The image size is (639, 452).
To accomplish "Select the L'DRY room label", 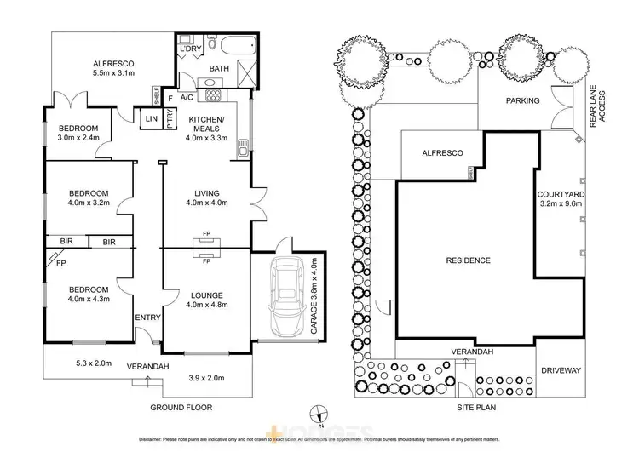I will [189, 49].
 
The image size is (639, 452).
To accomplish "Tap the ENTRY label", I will [147, 318].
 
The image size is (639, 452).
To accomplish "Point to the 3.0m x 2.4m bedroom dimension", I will [79, 138].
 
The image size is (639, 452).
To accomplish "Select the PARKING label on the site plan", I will [523, 100].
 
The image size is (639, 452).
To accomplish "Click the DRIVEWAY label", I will [561, 371].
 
